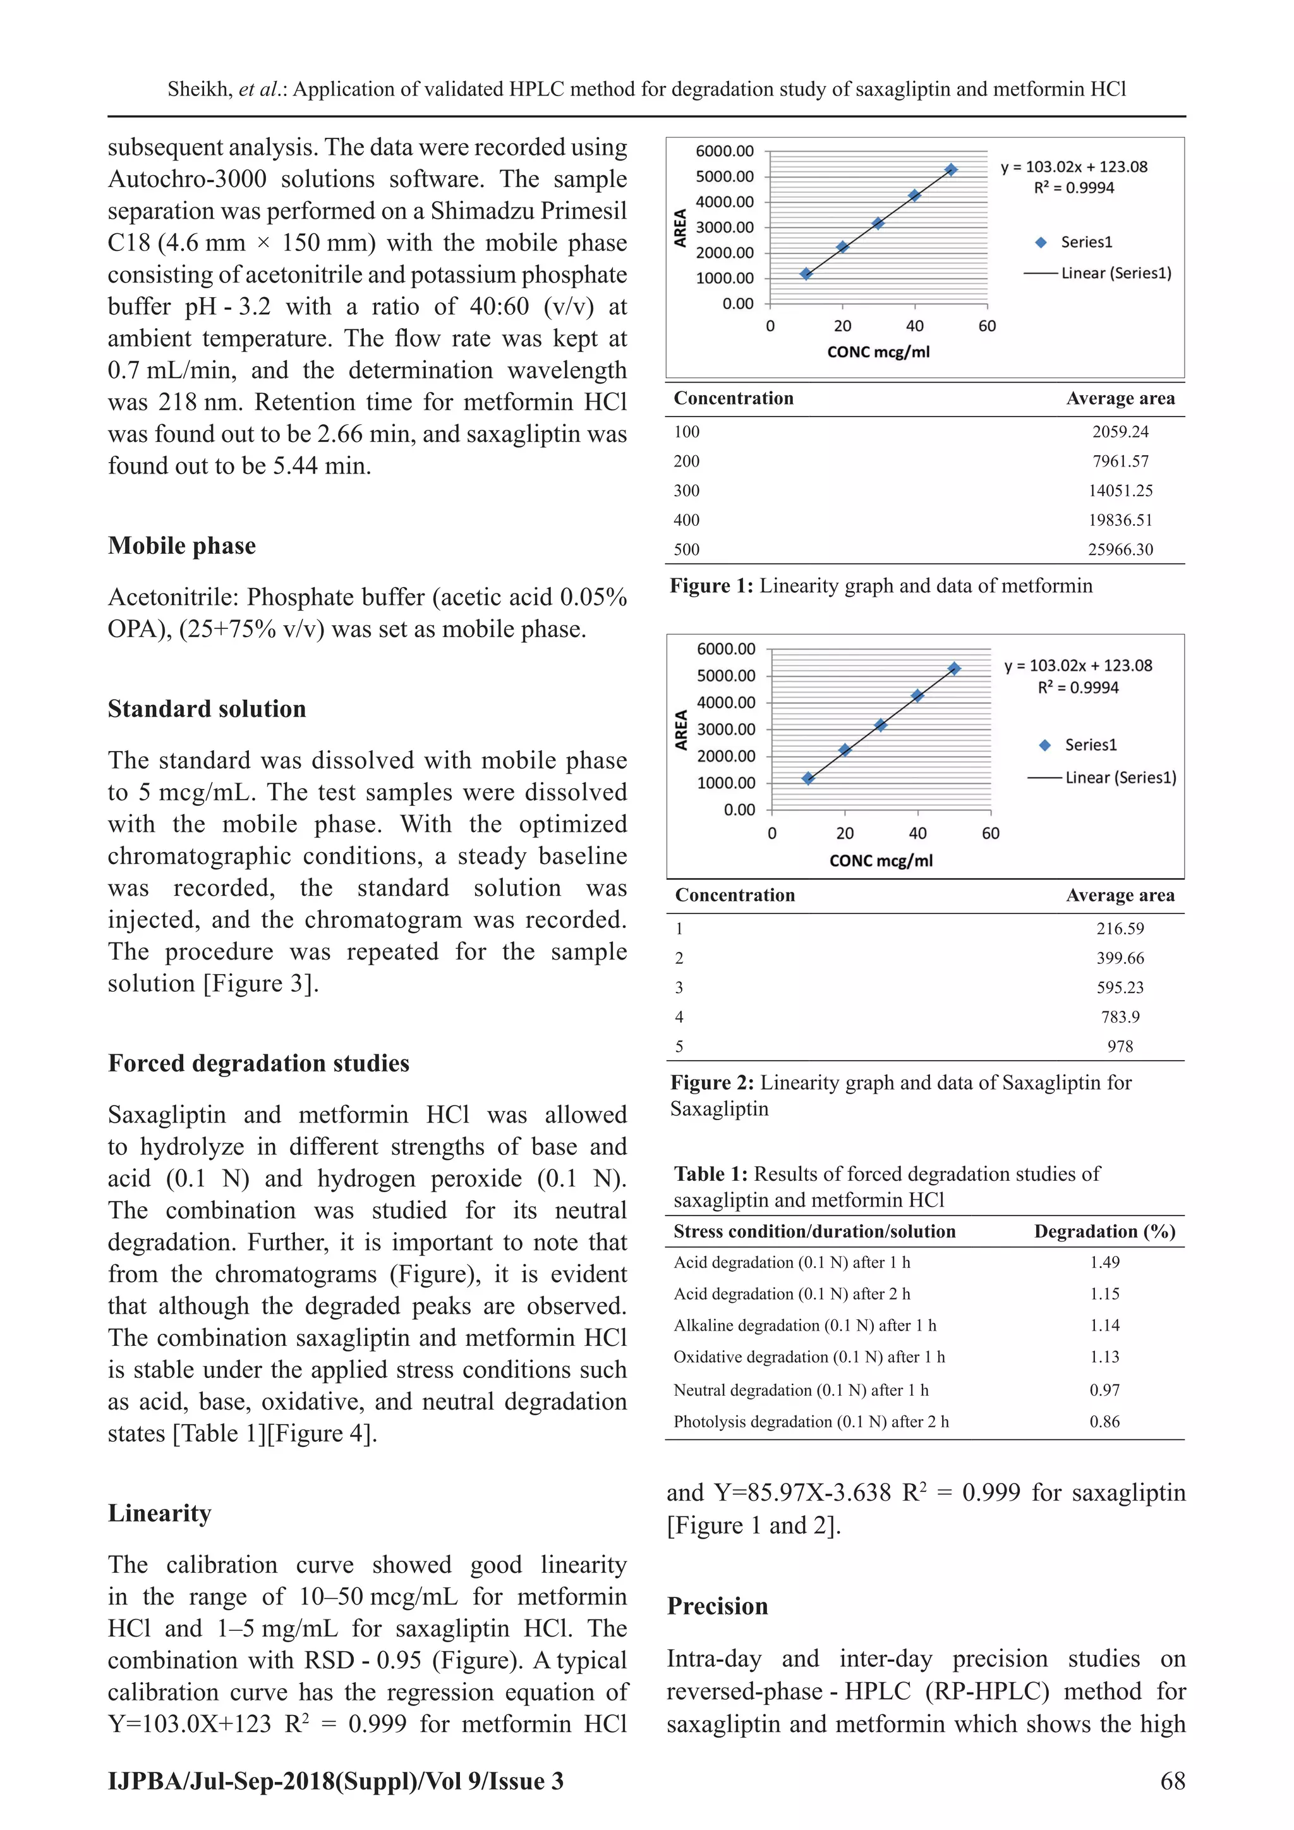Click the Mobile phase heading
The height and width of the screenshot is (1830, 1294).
[182, 546]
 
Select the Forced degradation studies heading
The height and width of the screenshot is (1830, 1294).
[258, 1063]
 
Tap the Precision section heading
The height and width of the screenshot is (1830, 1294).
[717, 1606]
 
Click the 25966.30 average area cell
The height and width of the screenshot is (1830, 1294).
[1120, 549]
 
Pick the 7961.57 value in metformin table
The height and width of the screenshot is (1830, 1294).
[1120, 461]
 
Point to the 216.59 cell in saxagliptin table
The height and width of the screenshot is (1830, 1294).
[1120, 929]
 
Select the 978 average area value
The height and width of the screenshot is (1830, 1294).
[1120, 1047]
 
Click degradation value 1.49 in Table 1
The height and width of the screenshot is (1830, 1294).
[1104, 1262]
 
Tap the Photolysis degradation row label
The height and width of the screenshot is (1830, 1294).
[811, 1422]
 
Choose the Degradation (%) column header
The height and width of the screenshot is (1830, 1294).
[1104, 1231]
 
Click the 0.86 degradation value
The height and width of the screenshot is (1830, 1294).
[1104, 1422]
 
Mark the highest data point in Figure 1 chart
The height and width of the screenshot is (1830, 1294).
[950, 170]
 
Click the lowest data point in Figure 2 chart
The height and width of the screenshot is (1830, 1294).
[808, 779]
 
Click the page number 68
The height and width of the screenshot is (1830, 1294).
[1172, 1781]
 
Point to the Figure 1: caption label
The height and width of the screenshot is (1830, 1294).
[711, 586]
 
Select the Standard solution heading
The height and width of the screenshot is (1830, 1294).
[207, 709]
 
